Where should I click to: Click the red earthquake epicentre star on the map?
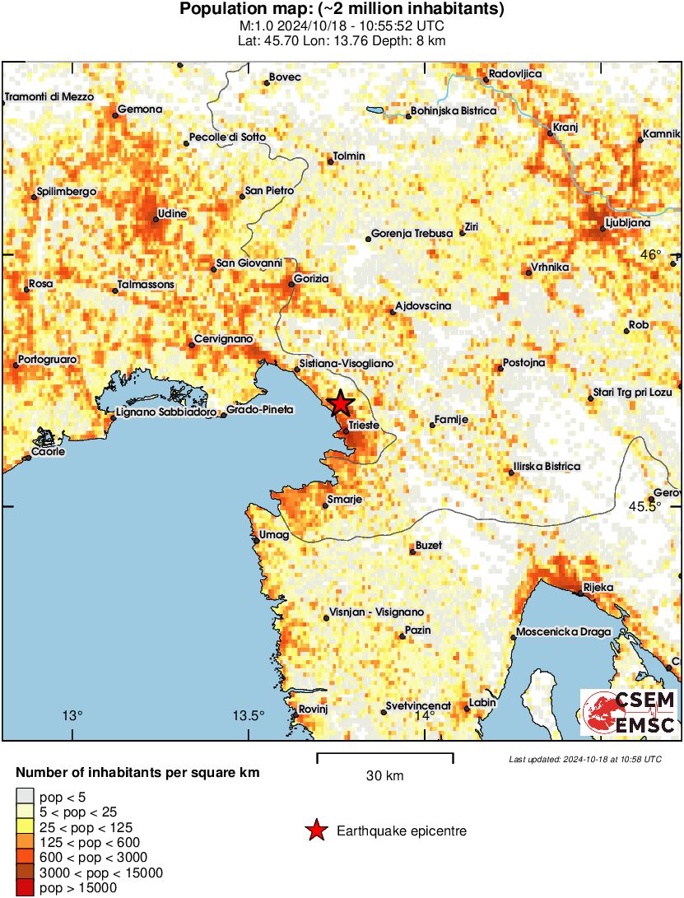point(340,403)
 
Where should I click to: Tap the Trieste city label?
point(363,426)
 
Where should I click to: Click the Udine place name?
point(173,214)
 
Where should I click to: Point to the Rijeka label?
point(593,588)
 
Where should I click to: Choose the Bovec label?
point(285,77)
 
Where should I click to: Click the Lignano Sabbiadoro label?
point(167,412)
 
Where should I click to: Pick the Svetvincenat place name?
point(421,706)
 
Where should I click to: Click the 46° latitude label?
point(651,255)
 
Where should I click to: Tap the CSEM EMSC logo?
point(629,713)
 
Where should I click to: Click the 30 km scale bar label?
point(384,775)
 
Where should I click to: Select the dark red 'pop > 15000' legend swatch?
point(25,887)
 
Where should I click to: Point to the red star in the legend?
point(316,831)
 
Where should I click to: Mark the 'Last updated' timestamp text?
point(585,759)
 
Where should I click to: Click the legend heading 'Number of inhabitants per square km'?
point(138,773)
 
